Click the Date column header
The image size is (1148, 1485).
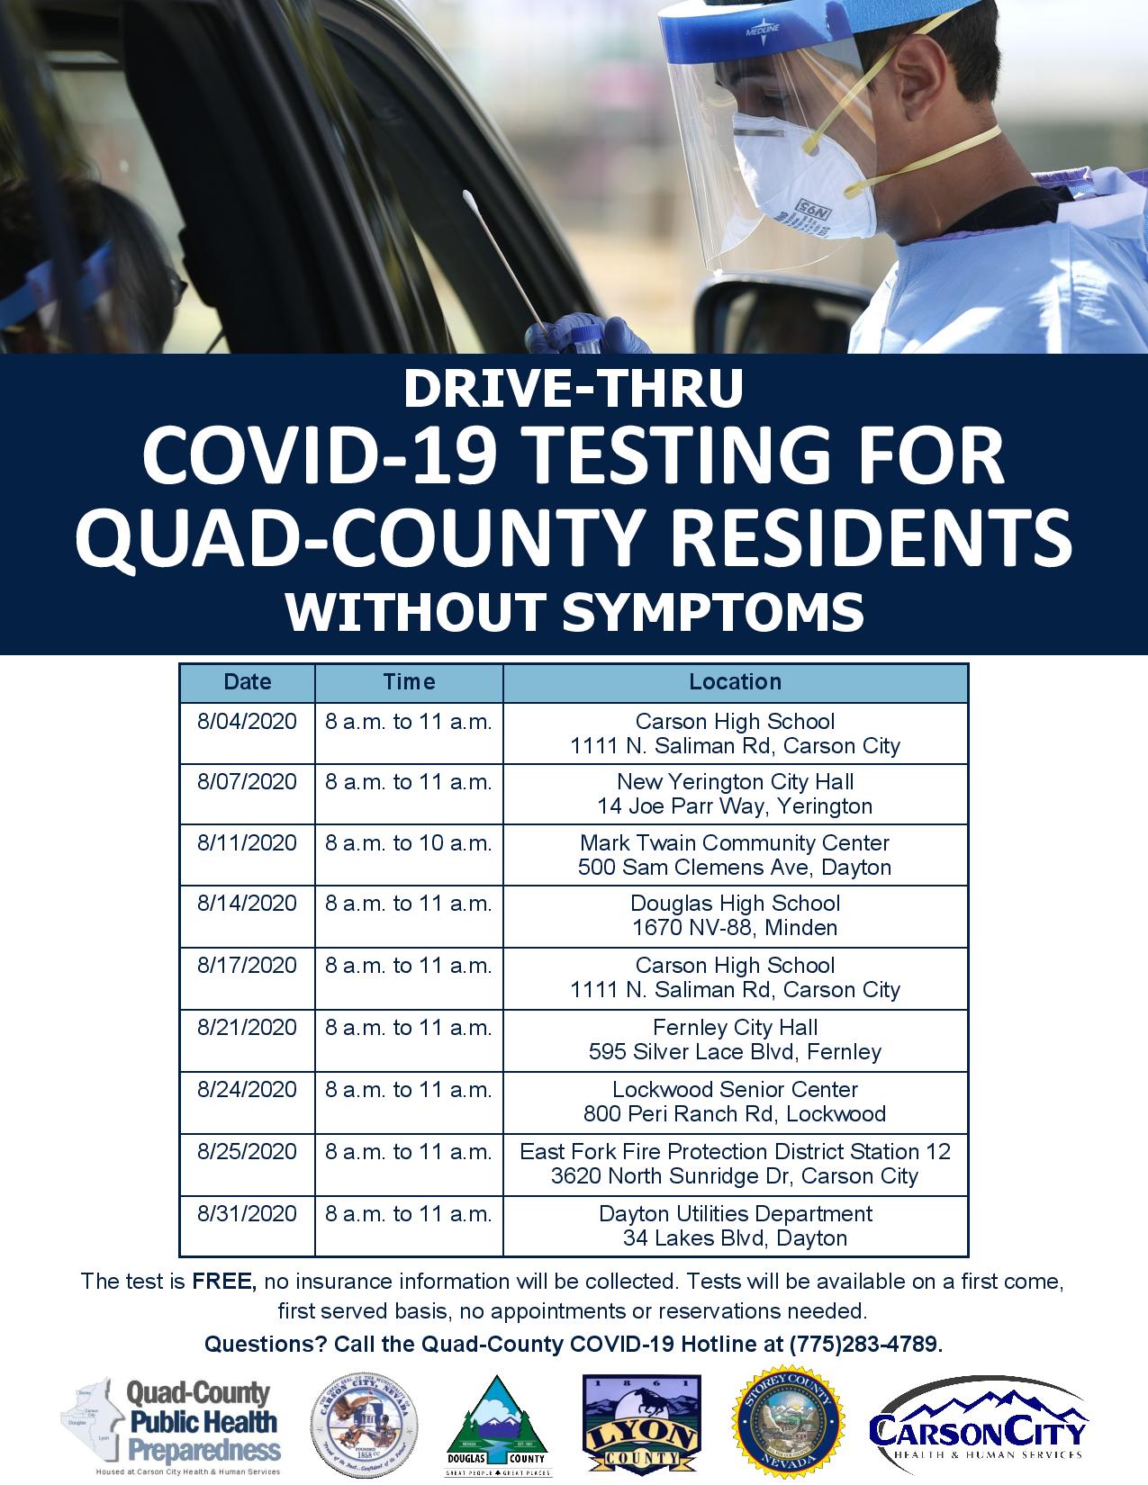tap(248, 682)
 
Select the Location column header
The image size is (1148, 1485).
tap(735, 682)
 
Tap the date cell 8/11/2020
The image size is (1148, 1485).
tap(248, 843)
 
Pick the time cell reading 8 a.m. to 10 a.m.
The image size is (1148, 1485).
tap(409, 843)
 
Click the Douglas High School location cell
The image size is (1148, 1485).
tap(735, 915)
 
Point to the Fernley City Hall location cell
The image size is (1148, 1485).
tap(735, 1039)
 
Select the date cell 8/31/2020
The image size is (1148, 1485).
tap(248, 1214)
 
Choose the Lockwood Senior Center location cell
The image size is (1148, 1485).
tap(735, 1102)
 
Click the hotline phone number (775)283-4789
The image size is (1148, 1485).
tap(864, 1345)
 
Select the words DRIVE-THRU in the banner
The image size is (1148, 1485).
tap(574, 388)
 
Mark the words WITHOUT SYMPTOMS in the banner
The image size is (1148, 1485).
tap(574, 611)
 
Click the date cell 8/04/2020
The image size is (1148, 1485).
tap(248, 722)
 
